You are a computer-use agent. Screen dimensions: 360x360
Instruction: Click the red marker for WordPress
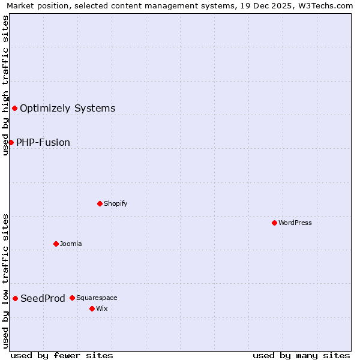(274, 223)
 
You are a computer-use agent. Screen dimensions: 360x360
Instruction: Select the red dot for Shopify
(100, 203)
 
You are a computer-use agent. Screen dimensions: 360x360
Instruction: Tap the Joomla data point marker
(56, 244)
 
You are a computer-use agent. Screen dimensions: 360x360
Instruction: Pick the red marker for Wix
(92, 308)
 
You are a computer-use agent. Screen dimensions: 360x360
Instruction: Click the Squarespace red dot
(72, 298)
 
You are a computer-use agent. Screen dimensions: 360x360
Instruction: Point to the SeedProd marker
(15, 298)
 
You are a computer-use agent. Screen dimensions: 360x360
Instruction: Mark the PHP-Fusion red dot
(11, 142)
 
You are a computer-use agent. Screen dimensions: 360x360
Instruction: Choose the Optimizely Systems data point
(14, 108)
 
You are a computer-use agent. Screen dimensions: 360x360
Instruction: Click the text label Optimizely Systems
(67, 108)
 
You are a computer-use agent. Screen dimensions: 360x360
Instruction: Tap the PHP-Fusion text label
(43, 142)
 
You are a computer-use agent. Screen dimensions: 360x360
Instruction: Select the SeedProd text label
(43, 298)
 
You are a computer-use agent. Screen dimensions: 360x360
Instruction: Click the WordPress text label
(295, 223)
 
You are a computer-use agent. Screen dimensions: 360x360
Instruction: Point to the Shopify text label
(116, 203)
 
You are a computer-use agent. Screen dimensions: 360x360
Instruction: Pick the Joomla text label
(71, 244)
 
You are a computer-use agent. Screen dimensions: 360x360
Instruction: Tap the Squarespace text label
(97, 298)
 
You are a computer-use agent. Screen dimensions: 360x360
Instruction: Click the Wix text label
(101, 308)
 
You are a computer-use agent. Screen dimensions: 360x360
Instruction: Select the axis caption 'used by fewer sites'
(62, 355)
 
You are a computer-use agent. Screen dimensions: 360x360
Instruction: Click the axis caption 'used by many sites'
(301, 355)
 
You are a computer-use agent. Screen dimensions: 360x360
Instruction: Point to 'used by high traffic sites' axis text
(5, 85)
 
